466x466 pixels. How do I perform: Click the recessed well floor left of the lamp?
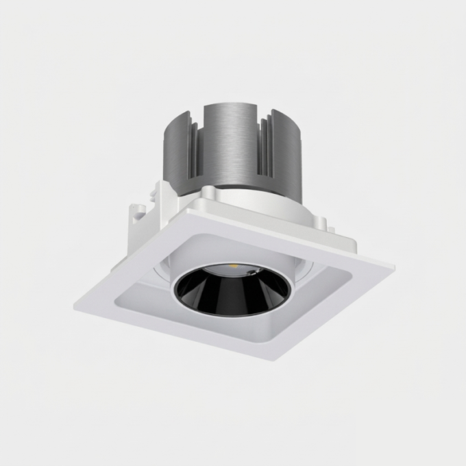[x=144, y=302]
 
